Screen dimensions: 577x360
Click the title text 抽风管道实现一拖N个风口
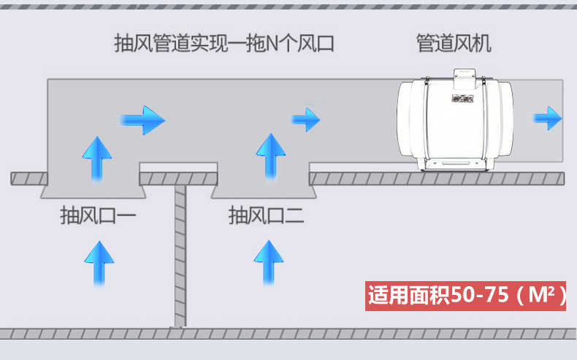pyautogui.click(x=224, y=43)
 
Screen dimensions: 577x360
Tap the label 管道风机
pyautogui.click(x=454, y=43)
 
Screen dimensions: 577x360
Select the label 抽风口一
pyautogui.click(x=98, y=215)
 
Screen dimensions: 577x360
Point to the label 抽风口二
pyautogui.click(x=267, y=215)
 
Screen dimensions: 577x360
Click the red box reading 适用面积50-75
pyautogui.click(x=465, y=296)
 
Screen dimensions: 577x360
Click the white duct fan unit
pyautogui.click(x=455, y=120)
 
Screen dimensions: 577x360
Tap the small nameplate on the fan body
pyautogui.click(x=462, y=99)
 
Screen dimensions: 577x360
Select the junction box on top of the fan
pyautogui.click(x=465, y=79)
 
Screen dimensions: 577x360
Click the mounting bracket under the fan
pyautogui.click(x=455, y=164)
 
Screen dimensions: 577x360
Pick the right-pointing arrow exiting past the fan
pyautogui.click(x=548, y=118)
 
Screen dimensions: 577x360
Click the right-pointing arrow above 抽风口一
pyautogui.click(x=142, y=120)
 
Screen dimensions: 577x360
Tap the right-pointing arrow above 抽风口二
pyautogui.click(x=306, y=119)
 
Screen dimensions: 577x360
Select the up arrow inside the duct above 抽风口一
pyautogui.click(x=97, y=159)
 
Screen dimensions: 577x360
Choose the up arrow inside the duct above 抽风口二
pyautogui.click(x=271, y=157)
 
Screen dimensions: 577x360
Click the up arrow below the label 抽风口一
pyautogui.click(x=99, y=264)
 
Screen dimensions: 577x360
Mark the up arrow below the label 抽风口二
pyautogui.click(x=269, y=263)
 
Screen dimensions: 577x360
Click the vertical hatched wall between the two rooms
pyautogui.click(x=180, y=256)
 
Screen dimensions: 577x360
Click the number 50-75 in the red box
pyautogui.click(x=479, y=295)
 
